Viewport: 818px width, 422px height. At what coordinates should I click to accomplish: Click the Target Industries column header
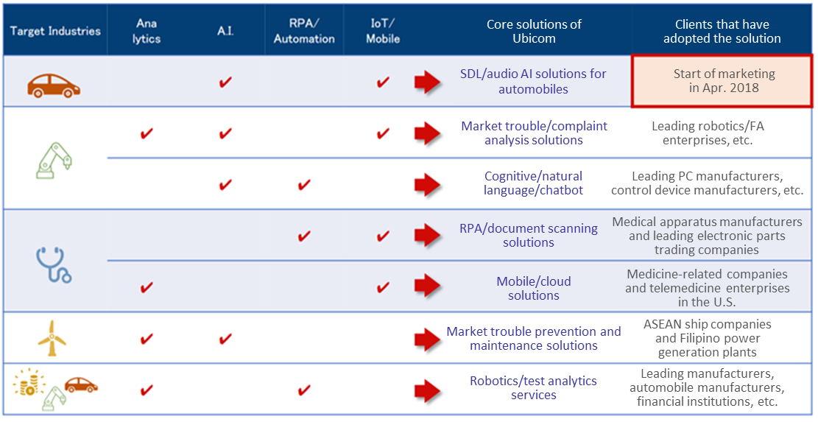tap(55, 31)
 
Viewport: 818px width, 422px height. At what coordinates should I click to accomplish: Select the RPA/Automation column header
tap(304, 31)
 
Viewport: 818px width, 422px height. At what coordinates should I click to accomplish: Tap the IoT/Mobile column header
tap(383, 31)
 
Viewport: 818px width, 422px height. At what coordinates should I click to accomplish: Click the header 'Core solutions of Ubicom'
tap(534, 31)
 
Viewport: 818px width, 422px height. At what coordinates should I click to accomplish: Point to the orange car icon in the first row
tap(54, 85)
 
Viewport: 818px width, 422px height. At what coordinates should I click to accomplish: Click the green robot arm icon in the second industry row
tap(54, 161)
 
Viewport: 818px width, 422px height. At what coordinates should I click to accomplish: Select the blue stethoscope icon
tap(53, 265)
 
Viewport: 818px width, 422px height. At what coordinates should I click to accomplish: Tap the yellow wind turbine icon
tap(52, 338)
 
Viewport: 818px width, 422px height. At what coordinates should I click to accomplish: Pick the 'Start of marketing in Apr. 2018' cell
tap(722, 81)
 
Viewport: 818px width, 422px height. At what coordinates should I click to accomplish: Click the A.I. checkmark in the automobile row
tap(225, 82)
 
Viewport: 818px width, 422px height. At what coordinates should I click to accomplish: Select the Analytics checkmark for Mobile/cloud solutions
tap(147, 287)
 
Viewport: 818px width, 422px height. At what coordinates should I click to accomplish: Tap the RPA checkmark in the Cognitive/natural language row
tap(303, 184)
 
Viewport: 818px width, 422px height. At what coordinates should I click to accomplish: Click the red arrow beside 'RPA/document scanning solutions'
tap(428, 235)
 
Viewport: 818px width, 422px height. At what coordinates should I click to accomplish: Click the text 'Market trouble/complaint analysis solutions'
tap(534, 133)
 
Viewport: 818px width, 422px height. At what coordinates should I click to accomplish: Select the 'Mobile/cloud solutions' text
tap(534, 289)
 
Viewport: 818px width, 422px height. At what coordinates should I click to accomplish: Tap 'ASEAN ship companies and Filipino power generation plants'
tap(708, 338)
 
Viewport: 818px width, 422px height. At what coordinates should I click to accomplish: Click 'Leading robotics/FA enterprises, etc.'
tap(708, 133)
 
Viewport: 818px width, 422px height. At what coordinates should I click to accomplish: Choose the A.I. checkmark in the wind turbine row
tap(225, 339)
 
